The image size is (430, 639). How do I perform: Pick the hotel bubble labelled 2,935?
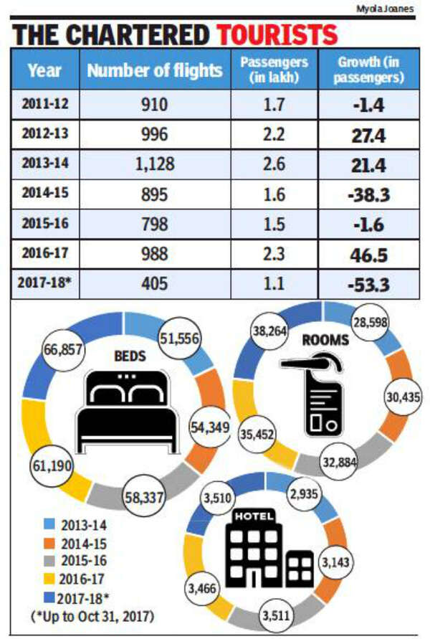click(x=306, y=493)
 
